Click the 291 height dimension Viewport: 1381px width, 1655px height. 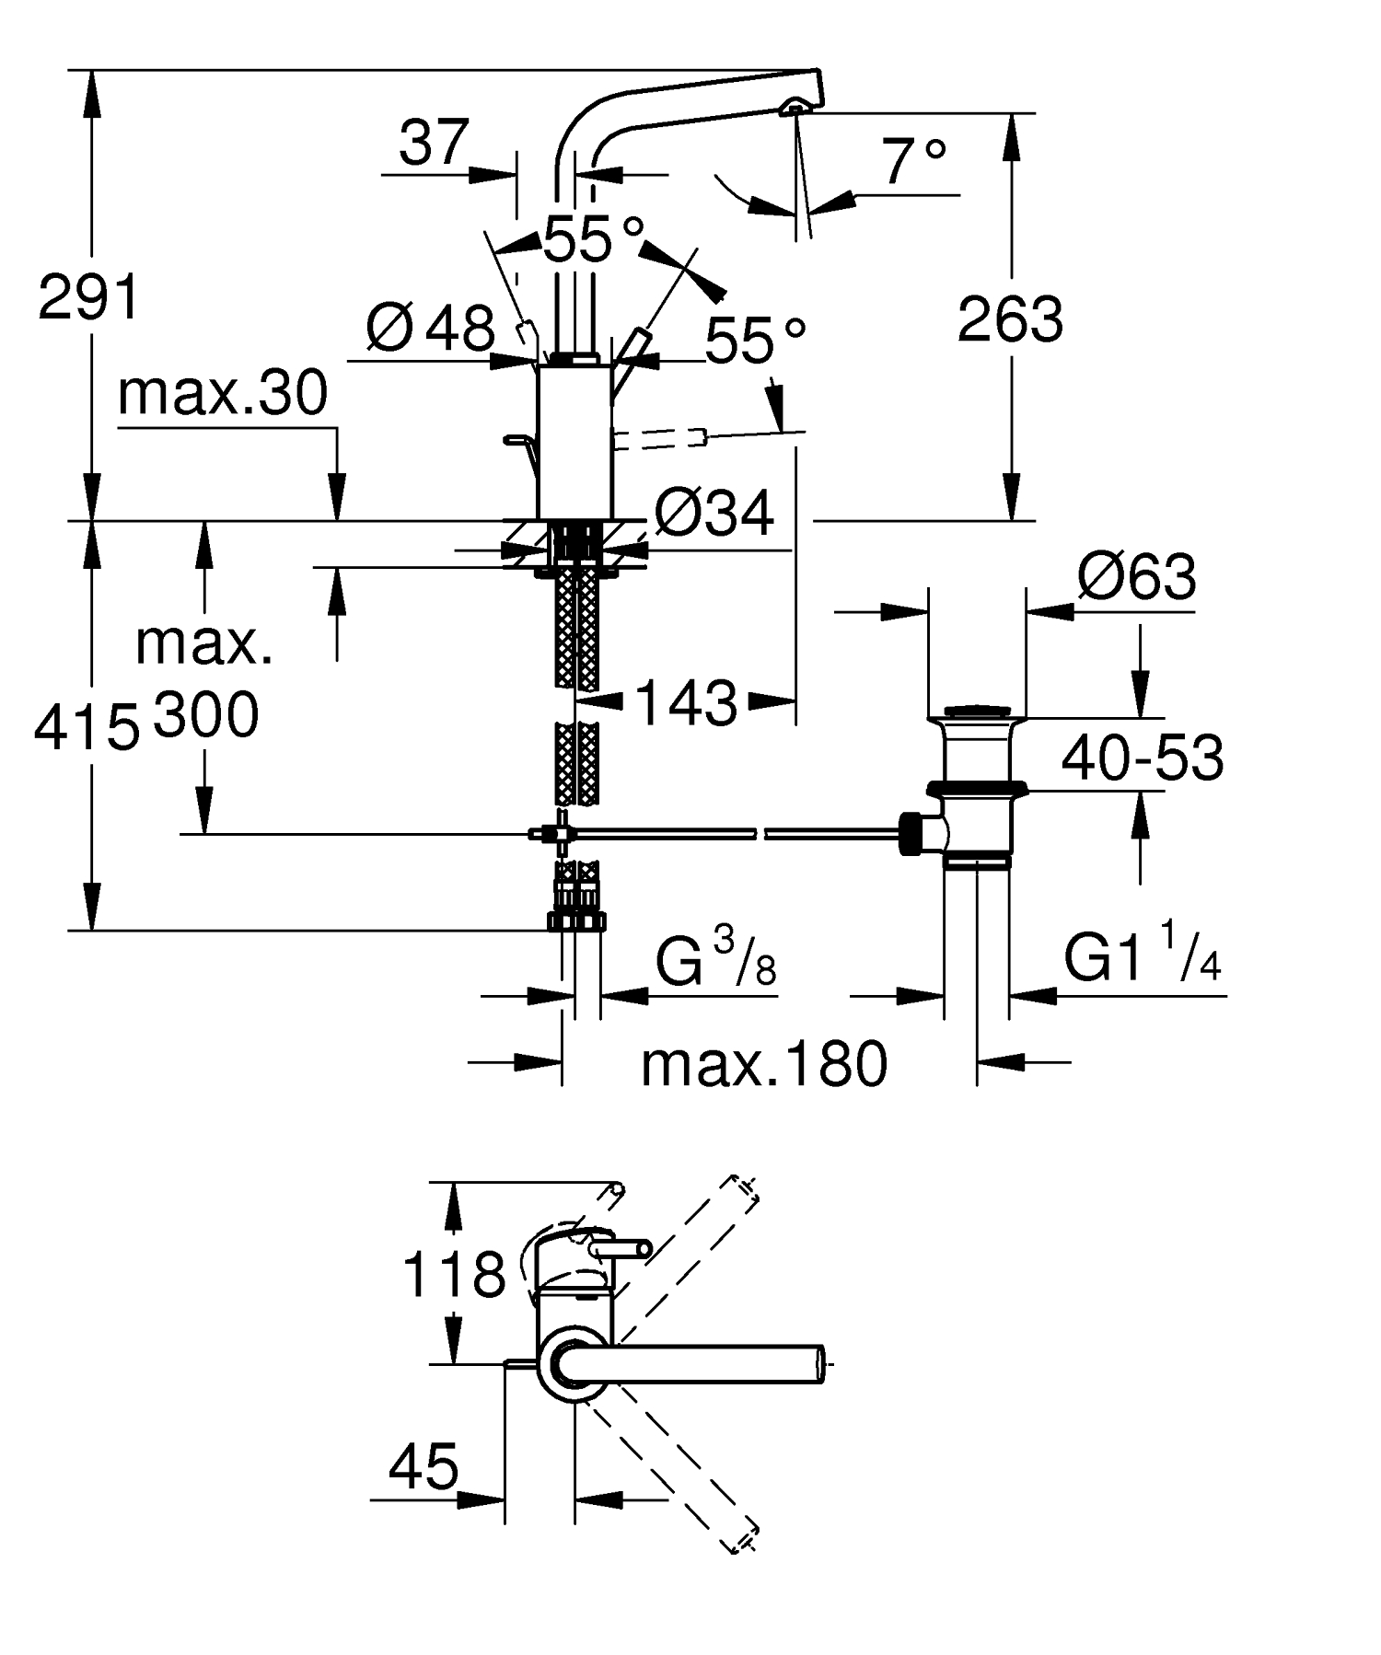pos(88,297)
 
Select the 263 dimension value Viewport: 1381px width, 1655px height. pos(1010,319)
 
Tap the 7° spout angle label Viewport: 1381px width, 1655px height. pos(912,162)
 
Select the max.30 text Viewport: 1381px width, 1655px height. pos(223,393)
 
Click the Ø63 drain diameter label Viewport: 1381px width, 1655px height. pos(1138,578)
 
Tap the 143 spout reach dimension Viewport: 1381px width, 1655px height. pos(686,703)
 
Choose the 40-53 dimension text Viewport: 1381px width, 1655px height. pos(1143,758)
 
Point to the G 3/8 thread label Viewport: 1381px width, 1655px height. pos(715,960)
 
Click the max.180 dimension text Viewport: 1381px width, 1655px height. pos(764,1065)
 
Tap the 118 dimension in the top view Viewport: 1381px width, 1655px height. pos(454,1276)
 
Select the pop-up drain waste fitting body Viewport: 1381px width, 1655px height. pos(975,792)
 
